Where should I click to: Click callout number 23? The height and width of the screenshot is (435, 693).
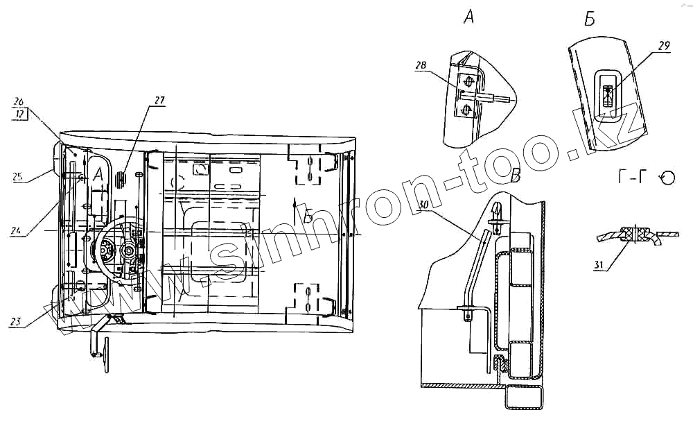coord(15,321)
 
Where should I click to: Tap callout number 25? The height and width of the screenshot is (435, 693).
coord(16,177)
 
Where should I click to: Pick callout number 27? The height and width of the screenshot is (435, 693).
coord(159,101)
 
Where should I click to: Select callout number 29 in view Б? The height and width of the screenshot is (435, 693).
coord(663,46)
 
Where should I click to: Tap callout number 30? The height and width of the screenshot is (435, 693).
coord(424,205)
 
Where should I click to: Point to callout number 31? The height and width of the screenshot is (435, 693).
coord(600,264)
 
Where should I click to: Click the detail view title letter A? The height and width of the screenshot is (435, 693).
coord(468,19)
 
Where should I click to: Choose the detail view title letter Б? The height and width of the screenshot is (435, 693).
coord(590,19)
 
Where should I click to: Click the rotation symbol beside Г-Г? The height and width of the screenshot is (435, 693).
coord(667,178)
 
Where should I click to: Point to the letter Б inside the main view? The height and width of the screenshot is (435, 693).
coord(308,217)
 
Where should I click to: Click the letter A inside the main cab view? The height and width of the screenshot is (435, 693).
coord(99,174)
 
